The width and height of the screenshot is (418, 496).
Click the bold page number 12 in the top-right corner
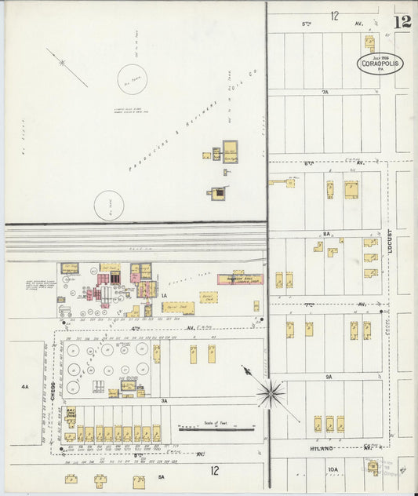(x=403, y=21)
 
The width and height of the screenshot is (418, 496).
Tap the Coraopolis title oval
(x=381, y=64)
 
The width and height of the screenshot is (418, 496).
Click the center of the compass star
(x=271, y=392)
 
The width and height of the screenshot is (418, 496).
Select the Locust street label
(x=390, y=245)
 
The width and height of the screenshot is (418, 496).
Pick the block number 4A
(x=25, y=386)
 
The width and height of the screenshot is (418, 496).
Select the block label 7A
(x=325, y=92)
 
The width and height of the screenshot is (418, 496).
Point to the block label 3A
(x=165, y=400)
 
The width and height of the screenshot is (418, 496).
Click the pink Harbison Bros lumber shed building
(x=240, y=279)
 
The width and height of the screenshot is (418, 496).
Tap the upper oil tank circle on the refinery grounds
(x=132, y=79)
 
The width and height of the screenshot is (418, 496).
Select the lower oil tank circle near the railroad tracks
(x=109, y=206)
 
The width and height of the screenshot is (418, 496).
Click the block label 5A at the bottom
(x=161, y=476)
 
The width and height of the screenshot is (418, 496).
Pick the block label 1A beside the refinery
(x=165, y=296)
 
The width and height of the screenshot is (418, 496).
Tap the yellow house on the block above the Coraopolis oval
(x=369, y=42)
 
